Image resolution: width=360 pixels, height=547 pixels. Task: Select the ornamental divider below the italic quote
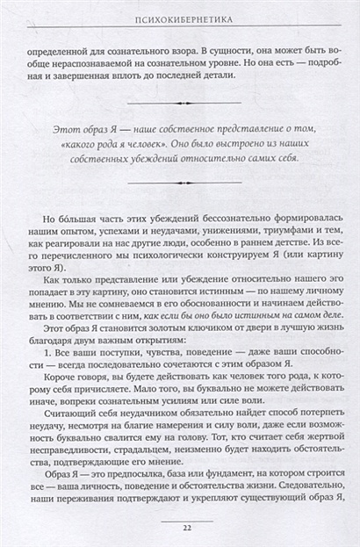(180, 181)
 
